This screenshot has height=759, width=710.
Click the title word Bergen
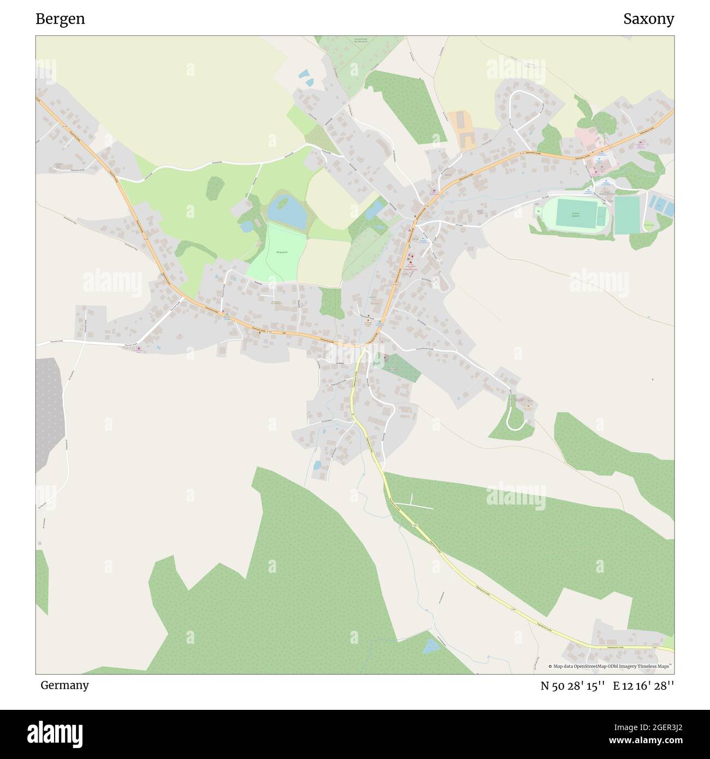click(x=60, y=19)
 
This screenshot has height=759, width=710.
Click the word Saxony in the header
click(x=648, y=19)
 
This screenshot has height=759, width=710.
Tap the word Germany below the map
click(x=64, y=685)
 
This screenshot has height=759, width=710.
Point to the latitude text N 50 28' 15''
click(x=572, y=686)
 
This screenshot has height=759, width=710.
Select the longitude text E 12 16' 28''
click(x=643, y=686)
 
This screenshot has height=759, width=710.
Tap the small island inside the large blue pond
click(x=282, y=204)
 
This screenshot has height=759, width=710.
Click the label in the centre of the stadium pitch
click(x=575, y=215)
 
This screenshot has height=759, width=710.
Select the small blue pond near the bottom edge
click(x=431, y=646)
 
